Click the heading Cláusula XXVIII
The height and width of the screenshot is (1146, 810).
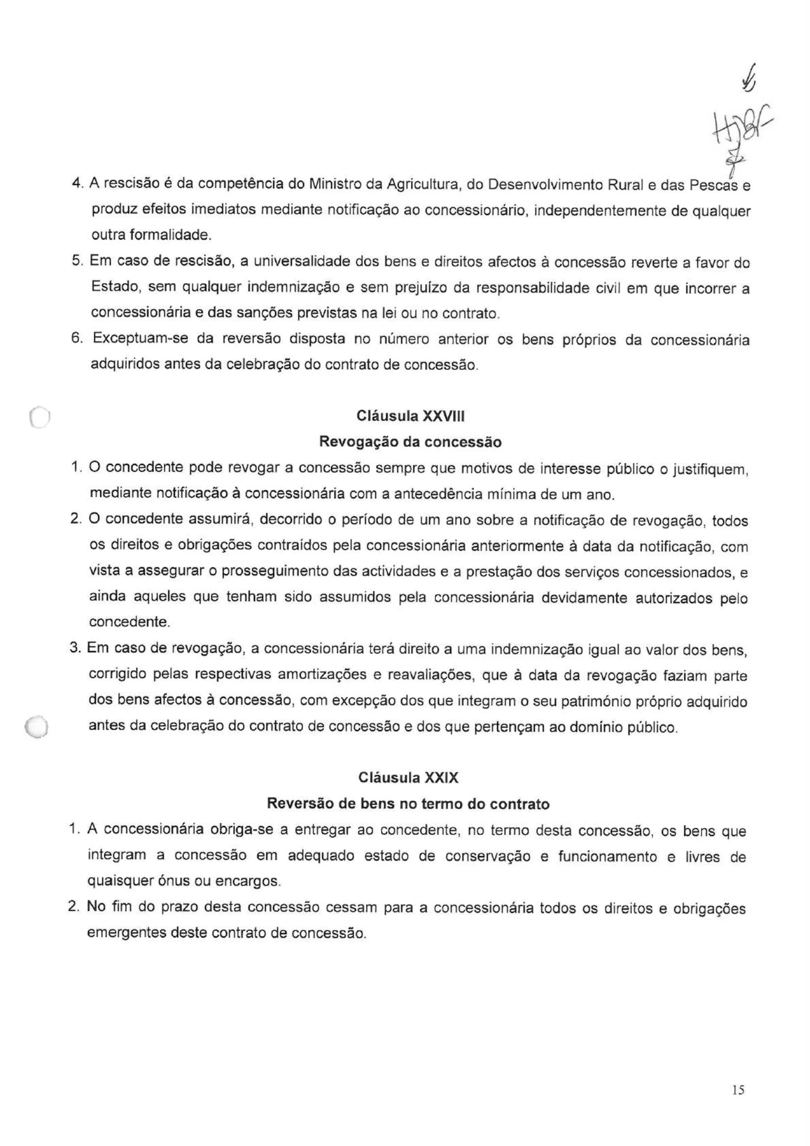(x=410, y=416)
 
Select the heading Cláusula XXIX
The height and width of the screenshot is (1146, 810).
(x=408, y=778)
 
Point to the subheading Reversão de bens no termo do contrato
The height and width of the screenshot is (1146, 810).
(x=408, y=804)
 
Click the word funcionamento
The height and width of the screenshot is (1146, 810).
(x=607, y=856)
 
